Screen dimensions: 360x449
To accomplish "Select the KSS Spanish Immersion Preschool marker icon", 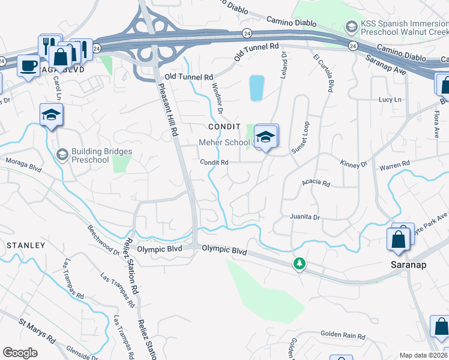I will pos(351,26).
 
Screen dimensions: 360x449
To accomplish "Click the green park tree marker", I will pos(299,263).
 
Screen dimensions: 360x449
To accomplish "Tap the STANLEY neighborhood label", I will pos(25,245).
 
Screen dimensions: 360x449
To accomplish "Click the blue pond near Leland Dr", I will pos(256,88).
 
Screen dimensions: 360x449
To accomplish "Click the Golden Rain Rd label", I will pos(342,335).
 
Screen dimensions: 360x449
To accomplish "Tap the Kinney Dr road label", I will pos(354,164).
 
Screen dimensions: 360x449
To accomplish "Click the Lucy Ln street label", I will pos(390,100).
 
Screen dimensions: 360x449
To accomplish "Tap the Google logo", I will pos(20,352).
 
